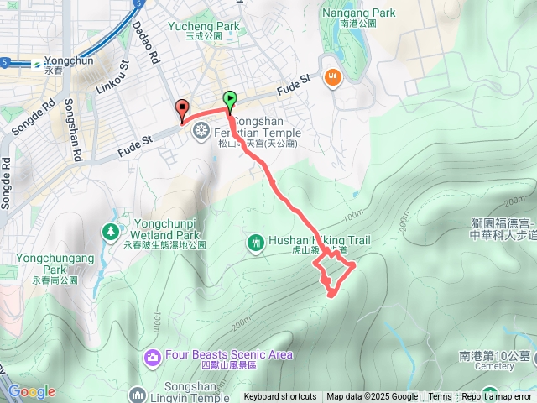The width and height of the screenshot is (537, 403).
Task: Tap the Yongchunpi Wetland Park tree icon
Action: (x=110, y=230)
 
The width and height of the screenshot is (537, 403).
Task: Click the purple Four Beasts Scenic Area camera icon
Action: (x=152, y=356)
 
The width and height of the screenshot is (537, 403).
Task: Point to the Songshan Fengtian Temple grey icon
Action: (x=201, y=129)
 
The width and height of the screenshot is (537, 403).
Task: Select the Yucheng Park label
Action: (x=204, y=26)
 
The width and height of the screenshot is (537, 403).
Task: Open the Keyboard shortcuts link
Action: (x=280, y=397)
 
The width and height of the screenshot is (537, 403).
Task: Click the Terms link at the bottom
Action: (x=440, y=397)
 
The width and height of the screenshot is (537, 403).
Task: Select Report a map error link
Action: (x=496, y=397)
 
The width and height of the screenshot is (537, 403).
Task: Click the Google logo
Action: (x=31, y=391)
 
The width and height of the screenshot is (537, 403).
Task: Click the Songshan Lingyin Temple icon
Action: (x=138, y=393)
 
